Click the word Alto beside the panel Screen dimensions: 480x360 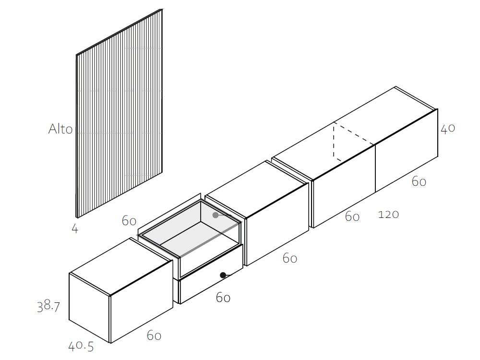click(x=60, y=129)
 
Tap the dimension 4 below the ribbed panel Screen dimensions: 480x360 click(x=75, y=228)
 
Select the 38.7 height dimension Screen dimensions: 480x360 click(x=48, y=306)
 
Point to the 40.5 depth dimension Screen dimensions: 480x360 click(x=81, y=346)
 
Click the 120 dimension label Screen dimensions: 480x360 click(x=388, y=214)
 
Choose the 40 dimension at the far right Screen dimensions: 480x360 click(x=447, y=129)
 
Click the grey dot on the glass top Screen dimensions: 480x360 click(x=216, y=215)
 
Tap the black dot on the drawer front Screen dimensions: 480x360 click(x=223, y=275)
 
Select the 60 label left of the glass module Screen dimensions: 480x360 click(x=129, y=221)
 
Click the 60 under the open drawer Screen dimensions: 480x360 click(x=223, y=298)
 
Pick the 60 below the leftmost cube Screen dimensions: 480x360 click(x=154, y=336)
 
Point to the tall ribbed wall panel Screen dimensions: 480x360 click(x=120, y=113)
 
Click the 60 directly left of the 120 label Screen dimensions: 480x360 click(x=352, y=217)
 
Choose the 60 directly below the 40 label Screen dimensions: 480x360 click(x=419, y=182)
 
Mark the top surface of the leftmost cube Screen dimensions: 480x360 click(x=120, y=266)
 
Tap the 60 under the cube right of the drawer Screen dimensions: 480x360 click(x=289, y=259)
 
